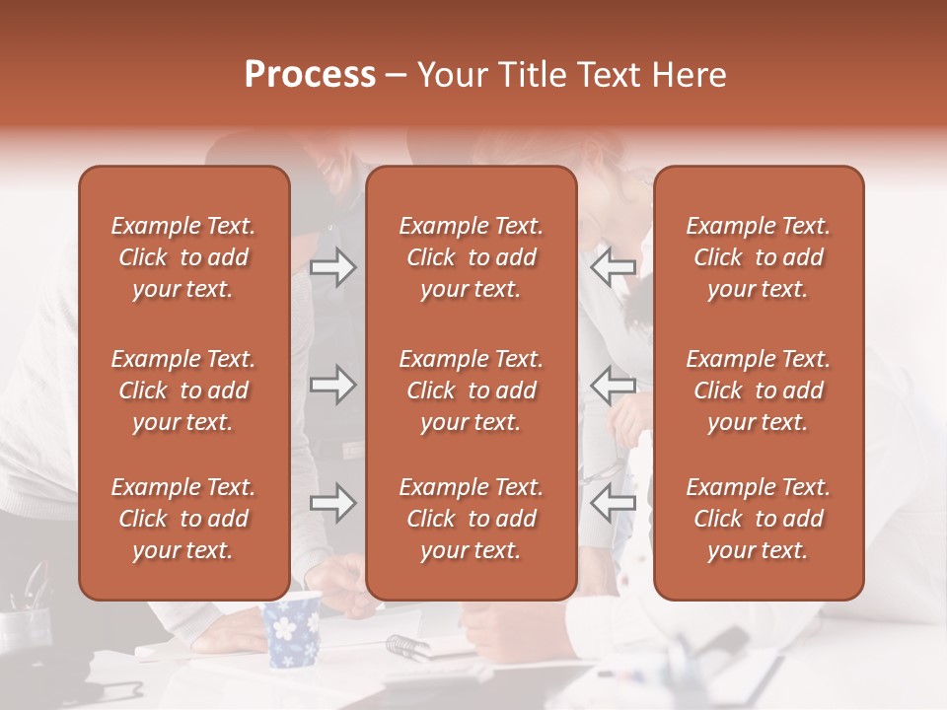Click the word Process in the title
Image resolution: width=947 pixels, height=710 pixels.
point(310,75)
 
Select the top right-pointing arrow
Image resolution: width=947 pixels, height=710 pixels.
point(332,266)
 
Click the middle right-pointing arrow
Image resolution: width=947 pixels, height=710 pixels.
point(332,385)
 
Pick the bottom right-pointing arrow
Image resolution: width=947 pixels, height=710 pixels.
point(332,503)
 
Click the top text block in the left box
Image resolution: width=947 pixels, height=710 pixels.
point(183,257)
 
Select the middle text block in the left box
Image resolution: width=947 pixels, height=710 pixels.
point(183,390)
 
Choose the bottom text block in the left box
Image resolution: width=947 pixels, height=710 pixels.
point(183,519)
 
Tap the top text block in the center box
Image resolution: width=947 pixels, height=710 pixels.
point(472,257)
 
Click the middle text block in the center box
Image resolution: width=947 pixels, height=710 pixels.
point(472,390)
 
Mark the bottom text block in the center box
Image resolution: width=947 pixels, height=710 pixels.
point(472,519)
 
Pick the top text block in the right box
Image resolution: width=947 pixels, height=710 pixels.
point(759,257)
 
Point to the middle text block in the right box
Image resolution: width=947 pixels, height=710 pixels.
point(759,390)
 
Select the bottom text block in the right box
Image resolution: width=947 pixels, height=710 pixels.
point(759,519)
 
